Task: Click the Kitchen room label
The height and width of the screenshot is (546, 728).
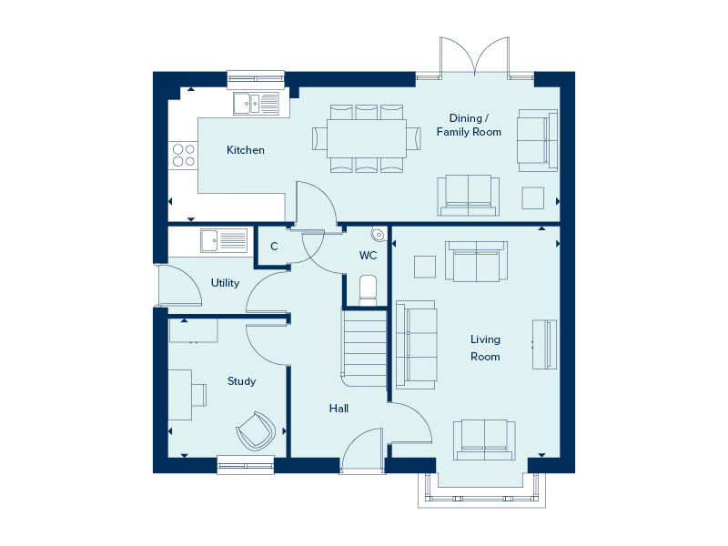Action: click(x=246, y=150)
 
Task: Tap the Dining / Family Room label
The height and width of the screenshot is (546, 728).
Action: click(x=469, y=125)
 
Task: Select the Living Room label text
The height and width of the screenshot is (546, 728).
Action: click(x=486, y=348)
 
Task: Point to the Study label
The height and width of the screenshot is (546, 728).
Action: click(x=241, y=381)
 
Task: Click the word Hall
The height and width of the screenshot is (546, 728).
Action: click(x=339, y=408)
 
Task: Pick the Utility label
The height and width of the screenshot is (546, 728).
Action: click(x=225, y=283)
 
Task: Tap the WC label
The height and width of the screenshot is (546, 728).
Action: click(x=369, y=256)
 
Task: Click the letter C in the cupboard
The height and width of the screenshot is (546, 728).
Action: click(x=274, y=246)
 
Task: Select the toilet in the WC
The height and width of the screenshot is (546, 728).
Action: click(x=369, y=290)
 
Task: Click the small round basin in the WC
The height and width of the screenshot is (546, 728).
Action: click(x=379, y=235)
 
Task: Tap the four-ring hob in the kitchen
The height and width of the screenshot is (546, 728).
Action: click(x=184, y=155)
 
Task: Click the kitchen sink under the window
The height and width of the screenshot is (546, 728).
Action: click(x=257, y=104)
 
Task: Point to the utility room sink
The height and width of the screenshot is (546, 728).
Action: click(x=224, y=240)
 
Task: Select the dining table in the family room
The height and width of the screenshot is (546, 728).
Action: click(x=367, y=138)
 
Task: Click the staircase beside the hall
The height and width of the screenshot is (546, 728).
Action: click(x=365, y=349)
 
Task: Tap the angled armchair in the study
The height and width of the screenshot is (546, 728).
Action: click(x=256, y=430)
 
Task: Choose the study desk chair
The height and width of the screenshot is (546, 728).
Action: click(x=199, y=395)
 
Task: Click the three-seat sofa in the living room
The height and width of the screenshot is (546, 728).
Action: click(x=416, y=345)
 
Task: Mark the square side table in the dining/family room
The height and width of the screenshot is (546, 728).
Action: click(x=533, y=198)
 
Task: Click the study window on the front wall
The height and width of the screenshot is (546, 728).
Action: click(x=246, y=465)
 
